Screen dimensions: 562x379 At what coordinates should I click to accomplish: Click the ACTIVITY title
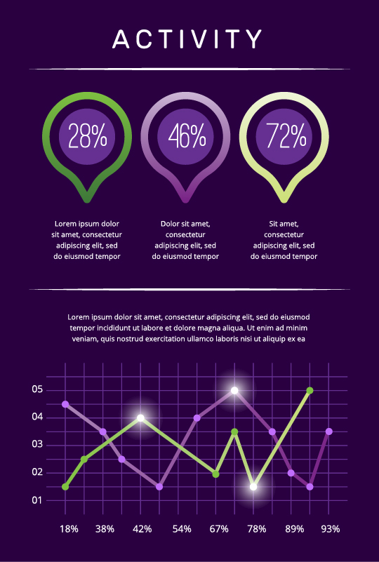coord(188,39)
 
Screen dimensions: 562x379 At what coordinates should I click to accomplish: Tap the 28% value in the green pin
coord(88,135)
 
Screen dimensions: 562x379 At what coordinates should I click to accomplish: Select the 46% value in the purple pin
coord(186,135)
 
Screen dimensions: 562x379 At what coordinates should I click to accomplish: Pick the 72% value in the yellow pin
coord(284,135)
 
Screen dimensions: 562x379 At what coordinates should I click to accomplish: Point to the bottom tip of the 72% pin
coord(284,199)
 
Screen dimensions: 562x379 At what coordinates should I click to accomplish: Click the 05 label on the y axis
coord(37,389)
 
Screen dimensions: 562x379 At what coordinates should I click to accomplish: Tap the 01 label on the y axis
coord(37,500)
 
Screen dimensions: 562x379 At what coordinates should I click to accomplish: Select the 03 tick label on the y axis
coord(37,445)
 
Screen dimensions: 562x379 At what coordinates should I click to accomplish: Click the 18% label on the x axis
coord(69,529)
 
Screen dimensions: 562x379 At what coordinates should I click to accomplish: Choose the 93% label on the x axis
coord(330,529)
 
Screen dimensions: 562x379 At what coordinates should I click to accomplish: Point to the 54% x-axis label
coord(182,529)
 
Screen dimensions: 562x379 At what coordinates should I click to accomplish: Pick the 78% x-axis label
coord(256,529)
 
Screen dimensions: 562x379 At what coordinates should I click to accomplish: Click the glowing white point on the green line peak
coord(141,418)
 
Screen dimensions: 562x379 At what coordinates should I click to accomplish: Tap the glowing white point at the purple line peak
coord(234,390)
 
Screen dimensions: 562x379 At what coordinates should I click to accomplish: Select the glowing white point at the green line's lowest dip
coord(253,486)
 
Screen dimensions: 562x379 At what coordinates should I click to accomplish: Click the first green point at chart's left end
coord(65,486)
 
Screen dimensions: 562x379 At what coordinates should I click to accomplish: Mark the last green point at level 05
coord(310,390)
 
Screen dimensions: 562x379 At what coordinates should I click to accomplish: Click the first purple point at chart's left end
coord(65,404)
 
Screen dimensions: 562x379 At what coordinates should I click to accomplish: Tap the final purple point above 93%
coord(328,431)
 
